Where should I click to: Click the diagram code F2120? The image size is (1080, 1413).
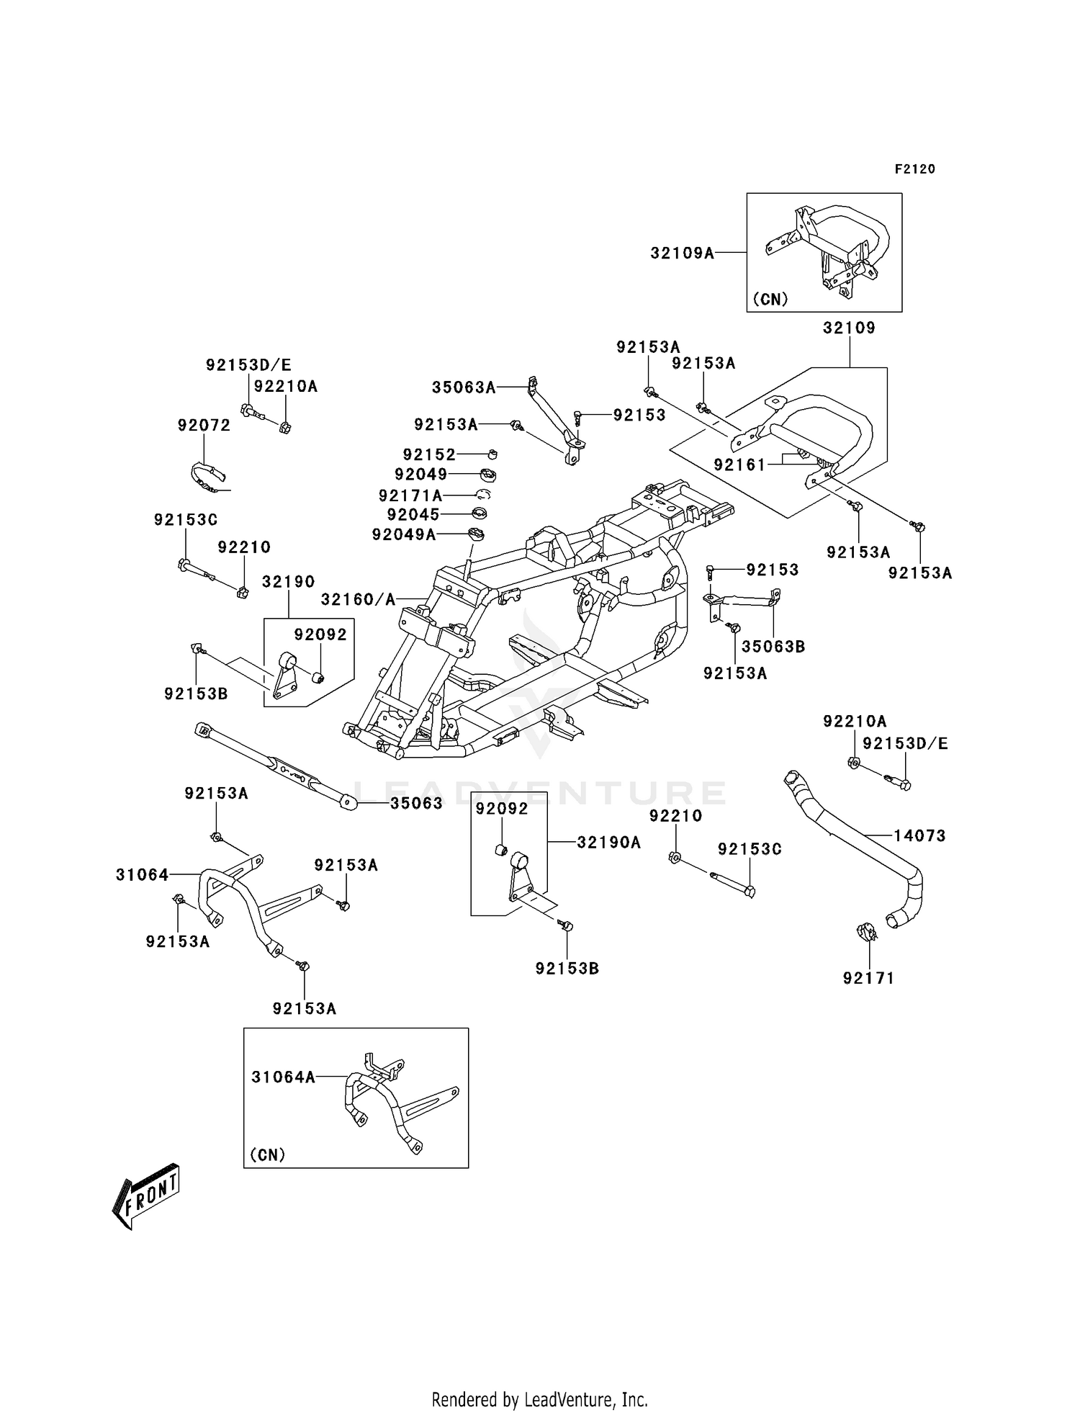(x=915, y=169)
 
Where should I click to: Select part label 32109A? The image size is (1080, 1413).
(x=683, y=253)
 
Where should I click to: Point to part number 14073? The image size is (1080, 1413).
(x=920, y=835)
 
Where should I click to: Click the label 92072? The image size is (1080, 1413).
(x=204, y=426)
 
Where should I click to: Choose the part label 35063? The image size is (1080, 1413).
(x=417, y=803)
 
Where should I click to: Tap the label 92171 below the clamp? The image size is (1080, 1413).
(x=869, y=978)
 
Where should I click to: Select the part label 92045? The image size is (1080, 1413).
(x=413, y=515)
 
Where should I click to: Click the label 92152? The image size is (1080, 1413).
(x=430, y=455)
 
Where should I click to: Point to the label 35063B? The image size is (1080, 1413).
(x=773, y=647)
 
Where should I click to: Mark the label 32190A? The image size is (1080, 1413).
(x=609, y=842)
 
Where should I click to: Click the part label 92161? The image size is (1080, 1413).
(x=740, y=465)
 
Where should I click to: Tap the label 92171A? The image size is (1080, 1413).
(x=410, y=496)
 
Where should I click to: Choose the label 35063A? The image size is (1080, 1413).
(x=464, y=387)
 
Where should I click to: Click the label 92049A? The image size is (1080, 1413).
(x=404, y=534)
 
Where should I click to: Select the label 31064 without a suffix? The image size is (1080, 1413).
(x=143, y=875)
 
